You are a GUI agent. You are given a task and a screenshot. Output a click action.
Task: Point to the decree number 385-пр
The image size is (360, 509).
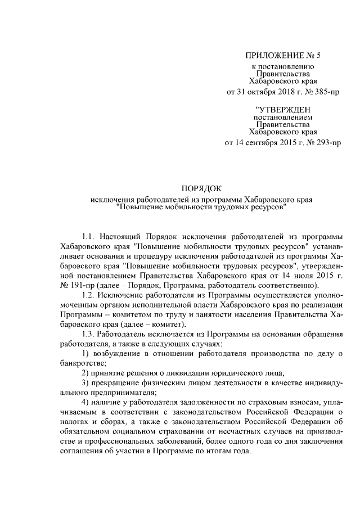point(326,92)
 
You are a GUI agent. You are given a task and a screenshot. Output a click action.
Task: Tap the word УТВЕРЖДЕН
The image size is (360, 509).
point(283,109)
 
